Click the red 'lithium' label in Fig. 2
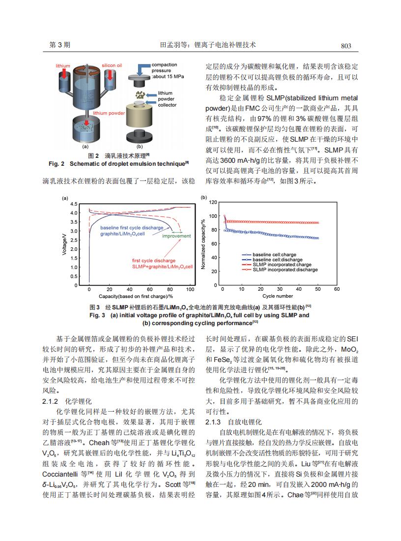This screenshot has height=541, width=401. [x=63, y=65]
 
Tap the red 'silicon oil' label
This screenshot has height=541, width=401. [x=112, y=65]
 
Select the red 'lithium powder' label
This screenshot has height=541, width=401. [x=109, y=113]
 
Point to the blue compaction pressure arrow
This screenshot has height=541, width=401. [x=143, y=67]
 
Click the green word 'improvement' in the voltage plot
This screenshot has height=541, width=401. [x=176, y=236]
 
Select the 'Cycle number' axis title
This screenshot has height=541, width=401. [x=277, y=296]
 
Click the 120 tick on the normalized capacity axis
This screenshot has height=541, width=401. [x=213, y=202]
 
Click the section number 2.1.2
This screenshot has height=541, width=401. [x=51, y=401]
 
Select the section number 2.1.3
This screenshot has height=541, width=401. [x=213, y=422]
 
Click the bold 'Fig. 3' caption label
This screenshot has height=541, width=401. [x=98, y=315]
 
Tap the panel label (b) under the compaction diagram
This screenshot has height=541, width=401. [x=140, y=146]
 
